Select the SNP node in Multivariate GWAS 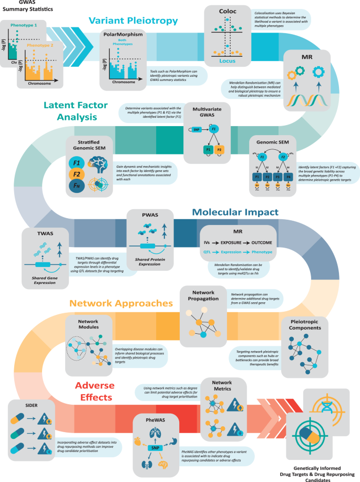coord(196,129)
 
